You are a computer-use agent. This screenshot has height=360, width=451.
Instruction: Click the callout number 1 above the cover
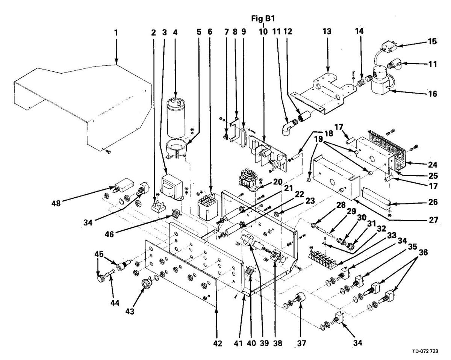pyautogui.click(x=116, y=33)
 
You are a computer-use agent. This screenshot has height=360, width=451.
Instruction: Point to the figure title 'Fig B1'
pyautogui.click(x=263, y=18)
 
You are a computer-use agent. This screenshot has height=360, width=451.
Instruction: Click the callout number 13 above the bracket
pyautogui.click(x=327, y=32)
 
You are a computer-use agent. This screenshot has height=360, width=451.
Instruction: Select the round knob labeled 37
pyautogui.click(x=301, y=300)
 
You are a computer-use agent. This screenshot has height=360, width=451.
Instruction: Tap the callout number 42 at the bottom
pyautogui.click(x=218, y=343)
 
